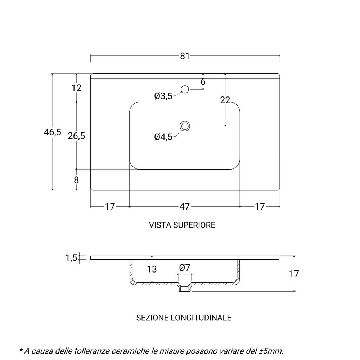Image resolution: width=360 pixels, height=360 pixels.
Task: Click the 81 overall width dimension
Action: coord(185,56)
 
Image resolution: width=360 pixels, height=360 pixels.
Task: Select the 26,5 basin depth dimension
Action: coord(76,136)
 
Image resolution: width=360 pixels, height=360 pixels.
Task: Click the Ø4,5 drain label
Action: coord(163,137)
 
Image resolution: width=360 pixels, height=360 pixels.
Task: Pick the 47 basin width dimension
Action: coord(184,207)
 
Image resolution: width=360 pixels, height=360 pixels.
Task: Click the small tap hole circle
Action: coord(185,89)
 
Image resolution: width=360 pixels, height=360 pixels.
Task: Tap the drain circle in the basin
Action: coord(185,126)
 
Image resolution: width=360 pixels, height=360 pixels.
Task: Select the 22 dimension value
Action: coord(225,101)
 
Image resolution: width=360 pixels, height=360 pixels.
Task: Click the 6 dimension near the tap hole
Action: coord(203,82)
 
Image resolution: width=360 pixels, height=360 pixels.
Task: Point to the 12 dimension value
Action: coord(76,88)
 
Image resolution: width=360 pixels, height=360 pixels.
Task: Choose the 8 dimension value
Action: coord(76,180)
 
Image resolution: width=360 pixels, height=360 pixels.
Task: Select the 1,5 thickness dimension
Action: coord(71,257)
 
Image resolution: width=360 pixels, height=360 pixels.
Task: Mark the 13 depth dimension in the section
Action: coord(152,269)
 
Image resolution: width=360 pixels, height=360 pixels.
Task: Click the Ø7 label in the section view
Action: coord(185,267)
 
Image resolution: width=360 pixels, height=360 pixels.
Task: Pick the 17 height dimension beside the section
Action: coord(294,274)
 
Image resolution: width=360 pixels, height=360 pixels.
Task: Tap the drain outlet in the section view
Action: coord(185,288)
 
